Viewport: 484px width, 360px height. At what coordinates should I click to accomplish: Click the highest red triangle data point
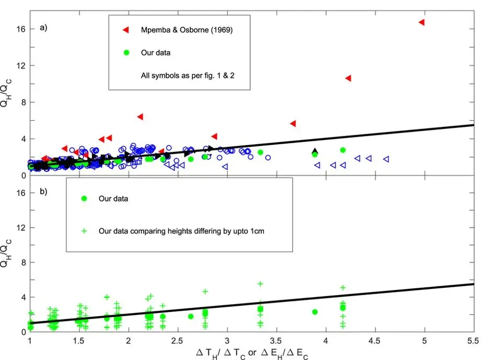[421, 22]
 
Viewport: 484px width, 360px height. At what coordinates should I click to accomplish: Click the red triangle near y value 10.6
[348, 78]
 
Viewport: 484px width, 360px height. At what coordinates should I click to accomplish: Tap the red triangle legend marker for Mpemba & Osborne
[125, 30]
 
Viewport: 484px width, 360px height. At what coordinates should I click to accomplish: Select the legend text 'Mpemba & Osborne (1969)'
[187, 30]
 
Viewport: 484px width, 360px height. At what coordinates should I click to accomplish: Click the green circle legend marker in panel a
[125, 53]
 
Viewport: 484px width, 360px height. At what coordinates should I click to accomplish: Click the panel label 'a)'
[44, 28]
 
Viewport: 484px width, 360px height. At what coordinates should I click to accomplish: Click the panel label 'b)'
[44, 191]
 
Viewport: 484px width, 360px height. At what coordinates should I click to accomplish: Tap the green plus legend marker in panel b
[84, 230]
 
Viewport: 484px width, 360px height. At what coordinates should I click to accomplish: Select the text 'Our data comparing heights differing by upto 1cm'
[181, 230]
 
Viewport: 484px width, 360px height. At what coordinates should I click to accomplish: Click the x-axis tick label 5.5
[474, 342]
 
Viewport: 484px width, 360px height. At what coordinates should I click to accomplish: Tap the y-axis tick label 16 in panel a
[20, 29]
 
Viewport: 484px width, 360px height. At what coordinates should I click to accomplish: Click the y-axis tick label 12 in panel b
[20, 228]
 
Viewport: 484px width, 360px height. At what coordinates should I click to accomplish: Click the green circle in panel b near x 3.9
[315, 312]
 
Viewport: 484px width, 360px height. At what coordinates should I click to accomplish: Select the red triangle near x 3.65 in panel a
[293, 123]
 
